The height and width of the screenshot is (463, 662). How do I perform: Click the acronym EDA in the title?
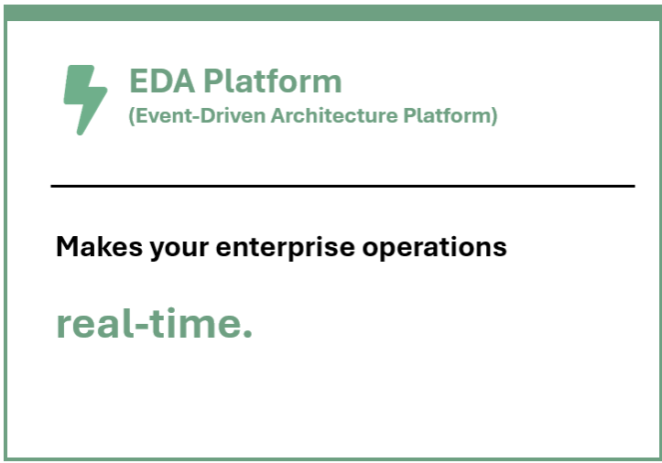(161, 81)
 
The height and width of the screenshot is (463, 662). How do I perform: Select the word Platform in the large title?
(272, 81)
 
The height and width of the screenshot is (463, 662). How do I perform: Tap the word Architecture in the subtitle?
(342, 116)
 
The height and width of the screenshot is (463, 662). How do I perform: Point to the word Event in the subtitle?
(157, 116)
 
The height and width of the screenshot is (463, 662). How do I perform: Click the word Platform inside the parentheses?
(449, 117)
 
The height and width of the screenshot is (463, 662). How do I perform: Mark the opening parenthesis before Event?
(132, 117)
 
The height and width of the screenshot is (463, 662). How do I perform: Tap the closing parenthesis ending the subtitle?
(494, 117)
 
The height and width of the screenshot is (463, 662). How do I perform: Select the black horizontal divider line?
(342, 186)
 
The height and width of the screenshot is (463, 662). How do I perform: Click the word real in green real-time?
(90, 323)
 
